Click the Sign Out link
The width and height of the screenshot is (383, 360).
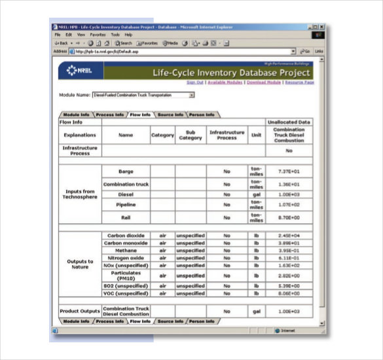(x=195, y=82)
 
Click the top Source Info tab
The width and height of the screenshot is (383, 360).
(x=170, y=115)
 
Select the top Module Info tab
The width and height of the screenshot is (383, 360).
(x=76, y=115)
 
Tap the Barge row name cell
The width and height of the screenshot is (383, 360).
(x=126, y=171)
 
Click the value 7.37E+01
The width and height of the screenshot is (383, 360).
(x=289, y=171)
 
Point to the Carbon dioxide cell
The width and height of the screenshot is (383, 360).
(x=126, y=235)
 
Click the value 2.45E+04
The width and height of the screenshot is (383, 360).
(x=289, y=235)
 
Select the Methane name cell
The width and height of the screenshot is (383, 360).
(x=126, y=250)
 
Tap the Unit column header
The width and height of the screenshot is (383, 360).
(x=256, y=135)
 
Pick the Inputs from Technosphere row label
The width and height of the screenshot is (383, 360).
(x=81, y=194)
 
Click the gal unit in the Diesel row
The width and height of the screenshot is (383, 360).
(x=256, y=194)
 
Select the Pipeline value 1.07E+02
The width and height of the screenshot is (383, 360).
(x=289, y=205)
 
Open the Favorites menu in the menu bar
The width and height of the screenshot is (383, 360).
(x=98, y=34)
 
